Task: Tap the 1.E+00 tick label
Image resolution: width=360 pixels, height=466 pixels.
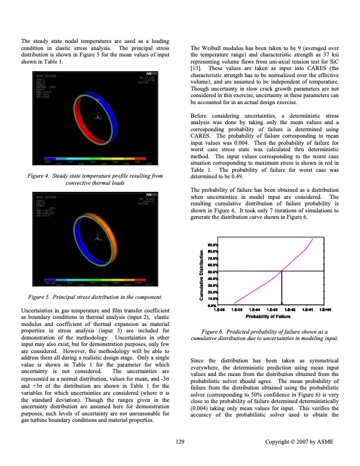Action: (x=325, y=309)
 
